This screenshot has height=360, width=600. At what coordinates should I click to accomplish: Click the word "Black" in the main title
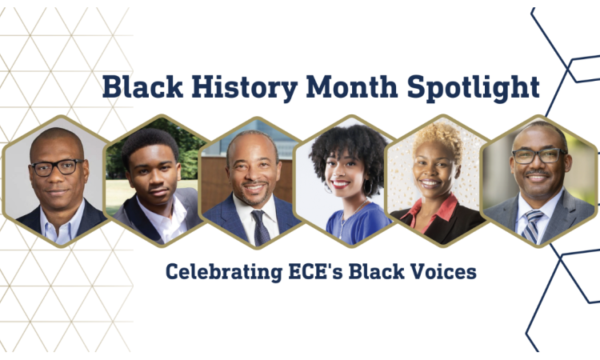coord(142,87)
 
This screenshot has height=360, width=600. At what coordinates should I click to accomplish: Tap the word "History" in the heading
coord(245,88)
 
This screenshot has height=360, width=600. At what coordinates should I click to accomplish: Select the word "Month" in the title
coord(352,87)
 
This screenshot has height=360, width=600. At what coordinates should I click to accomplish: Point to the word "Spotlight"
coord(474,88)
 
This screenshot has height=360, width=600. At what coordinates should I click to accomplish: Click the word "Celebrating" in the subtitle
coord(224,272)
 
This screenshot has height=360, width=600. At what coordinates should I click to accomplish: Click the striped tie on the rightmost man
coord(533,226)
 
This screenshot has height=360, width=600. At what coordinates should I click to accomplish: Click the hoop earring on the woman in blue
coord(369,187)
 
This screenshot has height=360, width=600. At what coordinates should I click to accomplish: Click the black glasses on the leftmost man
coord(58,167)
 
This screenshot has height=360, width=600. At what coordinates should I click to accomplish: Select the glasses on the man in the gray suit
coord(538,156)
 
